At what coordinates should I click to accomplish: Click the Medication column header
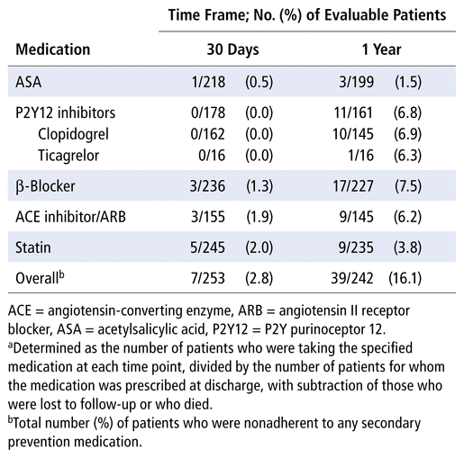coord(53,49)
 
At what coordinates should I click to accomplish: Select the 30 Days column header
coord(232,49)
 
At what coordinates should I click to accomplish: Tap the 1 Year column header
coord(381,49)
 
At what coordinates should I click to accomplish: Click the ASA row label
coord(28,82)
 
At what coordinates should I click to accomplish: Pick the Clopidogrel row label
coord(73,134)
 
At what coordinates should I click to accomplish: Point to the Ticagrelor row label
coord(68,156)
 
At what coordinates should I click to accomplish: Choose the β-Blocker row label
coord(45,186)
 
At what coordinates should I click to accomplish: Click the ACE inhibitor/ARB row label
coord(70,217)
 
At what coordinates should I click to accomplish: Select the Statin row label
coord(33,247)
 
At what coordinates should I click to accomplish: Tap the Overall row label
coord(40,278)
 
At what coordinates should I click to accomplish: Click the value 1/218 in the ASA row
coord(208,82)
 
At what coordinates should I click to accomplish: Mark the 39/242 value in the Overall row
coord(352,278)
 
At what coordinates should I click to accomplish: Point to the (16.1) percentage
coord(405,278)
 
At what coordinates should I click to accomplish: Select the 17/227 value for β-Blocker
coord(353,186)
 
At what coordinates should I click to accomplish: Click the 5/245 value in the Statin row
coord(207,247)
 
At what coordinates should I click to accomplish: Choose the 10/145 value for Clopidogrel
coord(353,134)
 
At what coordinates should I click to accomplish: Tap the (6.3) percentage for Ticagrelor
coord(408,156)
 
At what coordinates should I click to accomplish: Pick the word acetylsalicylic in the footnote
coord(151,329)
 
